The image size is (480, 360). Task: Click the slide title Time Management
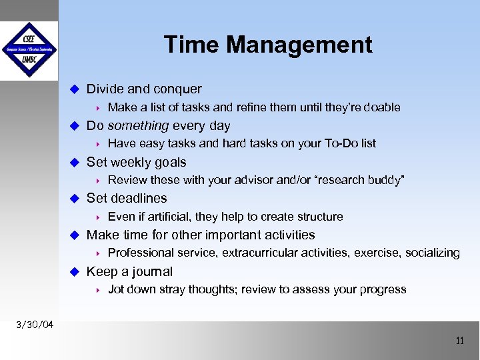coord(268,45)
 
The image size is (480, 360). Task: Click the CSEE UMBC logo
coord(29,50)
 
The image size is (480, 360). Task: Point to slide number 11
coord(459,341)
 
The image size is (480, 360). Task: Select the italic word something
coord(138,125)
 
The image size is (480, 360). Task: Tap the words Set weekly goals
coord(137,162)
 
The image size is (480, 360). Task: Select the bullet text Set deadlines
coord(127,198)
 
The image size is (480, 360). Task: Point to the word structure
coord(319,217)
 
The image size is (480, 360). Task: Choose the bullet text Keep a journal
coord(129,271)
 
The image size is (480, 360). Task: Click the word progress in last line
coord(383,289)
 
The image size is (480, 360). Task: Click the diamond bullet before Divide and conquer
coord(75,89)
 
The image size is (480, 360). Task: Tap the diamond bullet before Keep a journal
coord(75,271)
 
